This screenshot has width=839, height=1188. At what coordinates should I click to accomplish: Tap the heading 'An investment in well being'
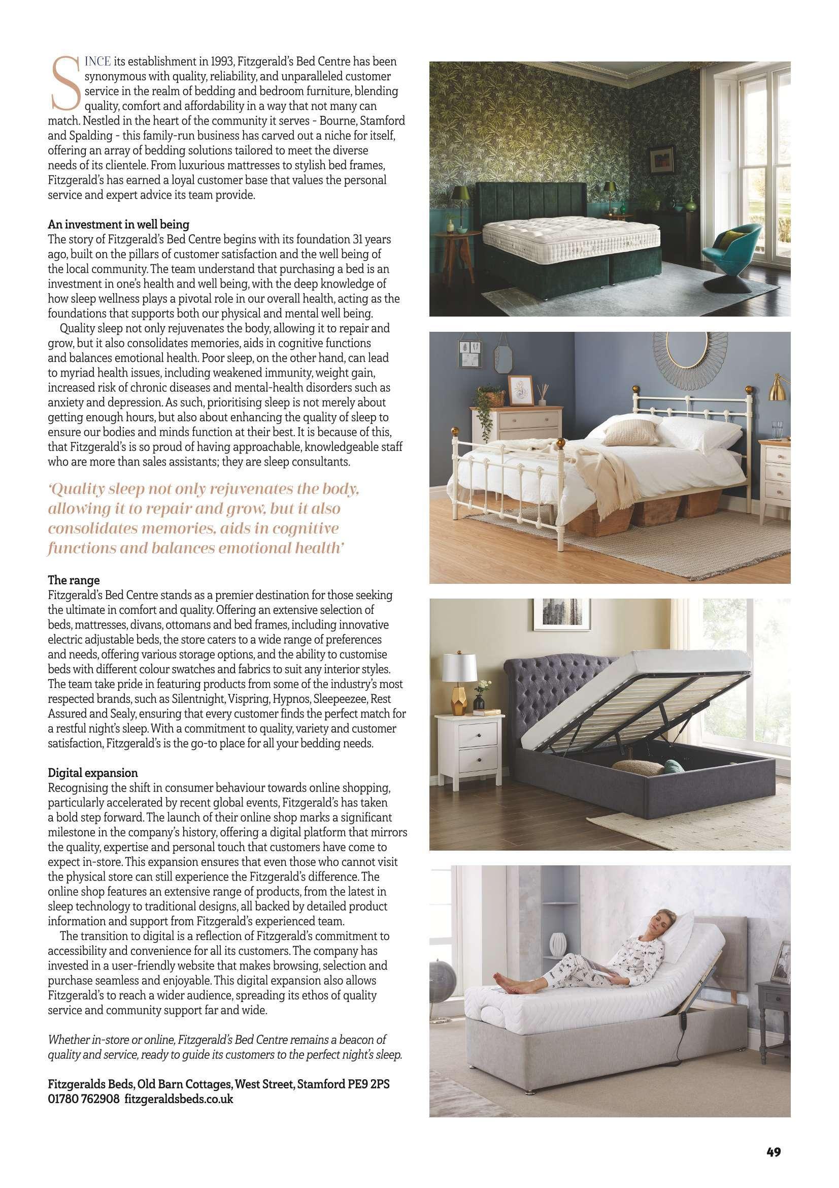pyautogui.click(x=118, y=225)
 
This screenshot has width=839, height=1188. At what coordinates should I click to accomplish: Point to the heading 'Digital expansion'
pyautogui.click(x=92, y=773)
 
